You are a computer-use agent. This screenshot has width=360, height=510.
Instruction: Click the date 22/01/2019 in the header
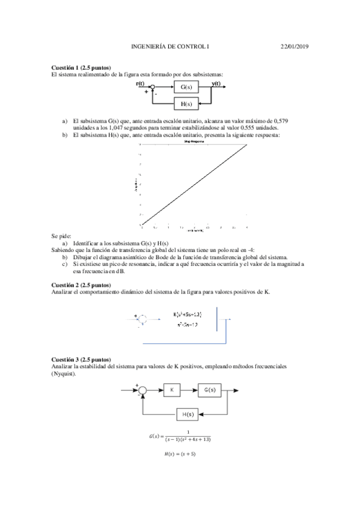[295, 46]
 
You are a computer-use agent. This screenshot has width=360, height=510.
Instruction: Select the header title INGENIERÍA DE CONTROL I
[171, 46]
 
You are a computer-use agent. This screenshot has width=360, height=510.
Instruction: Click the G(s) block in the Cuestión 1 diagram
[186, 88]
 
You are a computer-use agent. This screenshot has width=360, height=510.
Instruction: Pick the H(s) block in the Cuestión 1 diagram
[186, 104]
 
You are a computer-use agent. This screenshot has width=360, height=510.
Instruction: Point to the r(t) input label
[140, 84]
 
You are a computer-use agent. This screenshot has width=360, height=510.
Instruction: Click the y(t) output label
[216, 84]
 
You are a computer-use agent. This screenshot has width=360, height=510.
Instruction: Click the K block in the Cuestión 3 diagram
[171, 392]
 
